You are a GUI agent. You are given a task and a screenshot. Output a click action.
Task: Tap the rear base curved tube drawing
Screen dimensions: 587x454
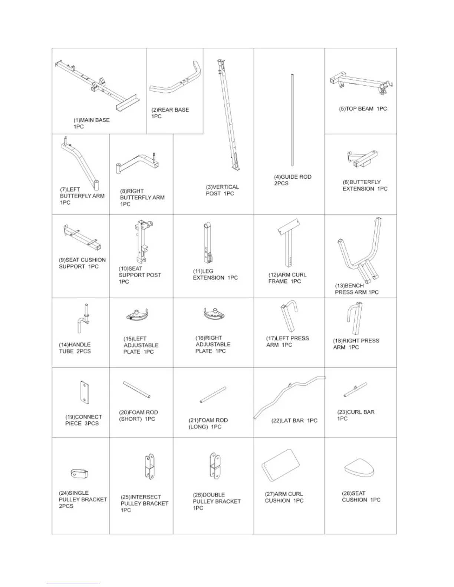(177, 83)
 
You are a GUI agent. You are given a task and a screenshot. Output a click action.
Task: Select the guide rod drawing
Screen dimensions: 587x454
(292, 120)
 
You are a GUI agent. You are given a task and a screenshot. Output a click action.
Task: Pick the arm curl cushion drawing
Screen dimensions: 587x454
(281, 465)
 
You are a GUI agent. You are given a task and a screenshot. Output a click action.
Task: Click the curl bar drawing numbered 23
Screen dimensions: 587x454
(355, 390)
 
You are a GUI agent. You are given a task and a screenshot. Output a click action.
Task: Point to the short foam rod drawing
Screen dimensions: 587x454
(136, 390)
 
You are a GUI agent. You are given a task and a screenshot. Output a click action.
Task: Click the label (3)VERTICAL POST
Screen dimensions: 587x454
(222, 190)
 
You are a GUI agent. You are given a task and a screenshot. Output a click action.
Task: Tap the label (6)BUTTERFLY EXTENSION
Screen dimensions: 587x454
(365, 185)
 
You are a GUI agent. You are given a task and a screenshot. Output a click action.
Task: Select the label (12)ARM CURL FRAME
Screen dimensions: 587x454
(287, 278)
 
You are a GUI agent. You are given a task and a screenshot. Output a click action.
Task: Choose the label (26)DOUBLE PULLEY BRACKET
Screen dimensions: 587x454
(217, 501)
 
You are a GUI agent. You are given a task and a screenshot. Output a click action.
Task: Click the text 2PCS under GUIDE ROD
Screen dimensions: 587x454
(281, 183)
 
